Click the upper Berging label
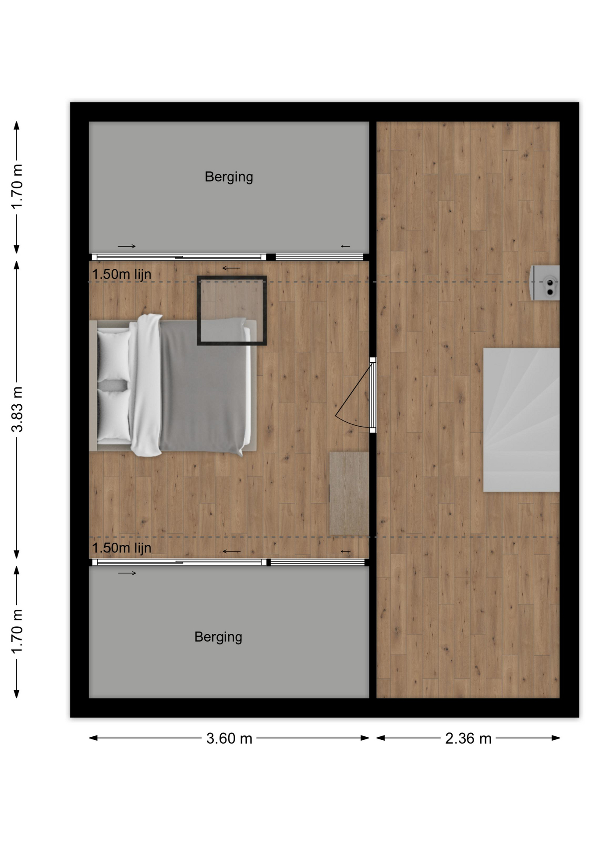pos(229,177)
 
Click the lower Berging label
pos(218,637)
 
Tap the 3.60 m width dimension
pos(229,739)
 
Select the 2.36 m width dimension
pos(468,739)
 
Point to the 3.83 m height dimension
pos(17,409)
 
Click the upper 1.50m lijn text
pos(121,274)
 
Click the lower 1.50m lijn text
pos(121,548)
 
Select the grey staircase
pos(521,420)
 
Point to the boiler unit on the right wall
pos(545,283)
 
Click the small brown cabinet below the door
pos(349,494)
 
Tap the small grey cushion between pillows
pos(113,385)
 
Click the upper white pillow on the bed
pos(114,355)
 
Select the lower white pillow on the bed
pos(114,415)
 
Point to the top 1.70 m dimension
pos(17,187)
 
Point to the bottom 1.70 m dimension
pos(17,632)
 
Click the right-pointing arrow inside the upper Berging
pos(127,246)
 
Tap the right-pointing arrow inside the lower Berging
pos(127,573)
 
